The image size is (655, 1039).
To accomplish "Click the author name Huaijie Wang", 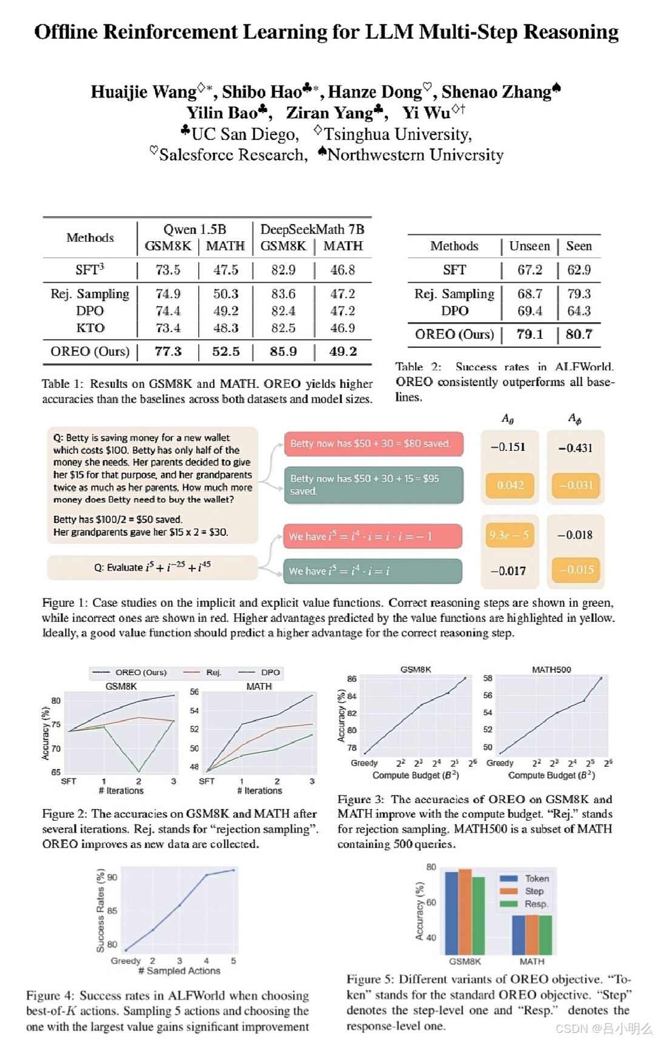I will [x=143, y=92].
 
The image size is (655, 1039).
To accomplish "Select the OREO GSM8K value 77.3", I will [x=168, y=352].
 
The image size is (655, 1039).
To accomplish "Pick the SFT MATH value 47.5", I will [x=226, y=270].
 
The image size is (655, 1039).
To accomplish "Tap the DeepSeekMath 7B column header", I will [x=312, y=229].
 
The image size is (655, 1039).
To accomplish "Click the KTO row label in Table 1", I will [x=90, y=328].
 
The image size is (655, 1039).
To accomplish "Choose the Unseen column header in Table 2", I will [x=529, y=246].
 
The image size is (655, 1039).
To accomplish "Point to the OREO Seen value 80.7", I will [x=579, y=334].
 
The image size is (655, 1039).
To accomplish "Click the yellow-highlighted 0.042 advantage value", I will [x=510, y=485].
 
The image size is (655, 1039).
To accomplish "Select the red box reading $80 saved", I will [x=373, y=444].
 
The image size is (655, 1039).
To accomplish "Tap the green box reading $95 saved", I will [x=373, y=484].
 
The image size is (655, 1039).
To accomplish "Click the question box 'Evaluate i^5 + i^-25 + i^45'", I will [x=152, y=567].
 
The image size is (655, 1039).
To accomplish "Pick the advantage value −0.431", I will [x=575, y=448].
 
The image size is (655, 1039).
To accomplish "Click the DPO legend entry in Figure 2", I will [x=263, y=672].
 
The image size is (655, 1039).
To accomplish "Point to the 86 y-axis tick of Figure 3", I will [x=352, y=679].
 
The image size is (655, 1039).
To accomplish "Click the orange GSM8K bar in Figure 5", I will [x=465, y=912].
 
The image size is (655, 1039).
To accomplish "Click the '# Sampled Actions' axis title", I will [x=180, y=971].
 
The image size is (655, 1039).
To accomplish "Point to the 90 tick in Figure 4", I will [x=112, y=877].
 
